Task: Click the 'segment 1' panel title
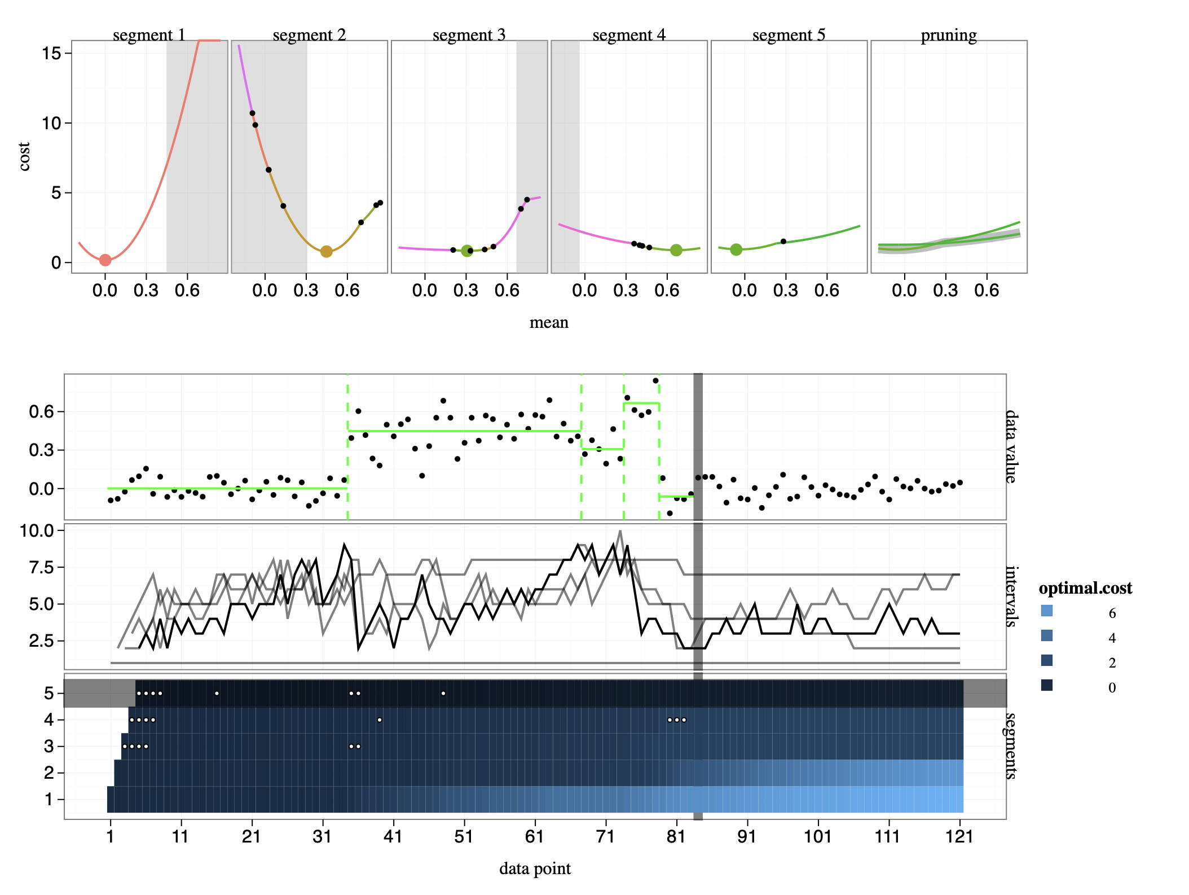coord(149,35)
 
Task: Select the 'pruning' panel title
coord(948,35)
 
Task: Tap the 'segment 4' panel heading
coord(629,35)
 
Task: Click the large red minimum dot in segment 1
coord(105,260)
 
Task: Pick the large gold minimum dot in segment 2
coord(326,252)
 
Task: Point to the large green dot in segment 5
coord(736,249)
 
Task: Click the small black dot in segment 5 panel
coord(783,242)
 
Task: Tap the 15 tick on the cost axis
coord(51,54)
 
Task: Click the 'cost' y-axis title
coord(24,156)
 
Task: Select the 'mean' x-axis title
coord(549,323)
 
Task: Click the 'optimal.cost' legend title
coord(1085,589)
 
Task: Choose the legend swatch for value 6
coord(1047,611)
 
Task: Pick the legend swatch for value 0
coord(1047,685)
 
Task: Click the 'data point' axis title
coord(535,868)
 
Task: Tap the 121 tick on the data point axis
coord(959,836)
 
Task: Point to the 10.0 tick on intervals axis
coord(37,531)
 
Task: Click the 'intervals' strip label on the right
coord(1012,596)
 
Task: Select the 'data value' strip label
coord(1012,446)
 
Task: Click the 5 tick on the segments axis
coord(49,694)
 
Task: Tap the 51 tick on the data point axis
coord(464,836)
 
